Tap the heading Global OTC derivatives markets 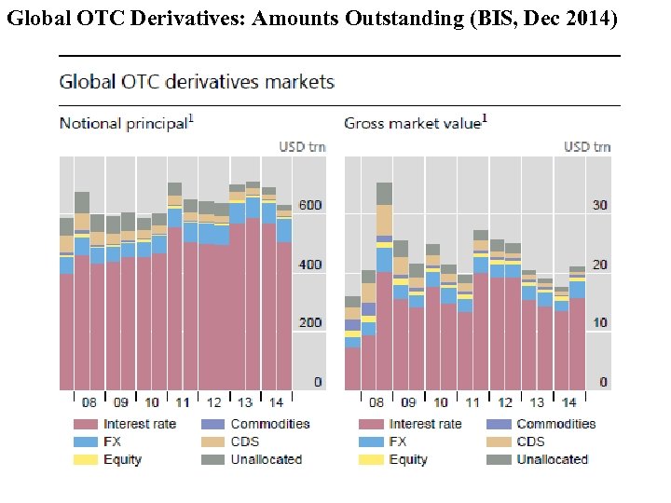[x=197, y=82]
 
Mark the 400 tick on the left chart [x=310, y=265]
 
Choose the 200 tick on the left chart [x=310, y=323]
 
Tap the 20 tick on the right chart [x=599, y=265]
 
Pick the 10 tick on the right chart [x=599, y=323]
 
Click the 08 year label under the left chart [x=89, y=402]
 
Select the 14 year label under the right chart [x=568, y=402]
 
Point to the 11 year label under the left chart [x=184, y=402]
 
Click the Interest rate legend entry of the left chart [x=140, y=424]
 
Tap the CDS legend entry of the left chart [x=244, y=442]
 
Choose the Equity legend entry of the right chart [x=408, y=459]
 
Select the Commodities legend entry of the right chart [x=555, y=424]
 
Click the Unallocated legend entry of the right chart [x=553, y=459]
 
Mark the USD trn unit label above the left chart [x=303, y=146]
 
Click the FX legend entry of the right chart [x=398, y=442]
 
